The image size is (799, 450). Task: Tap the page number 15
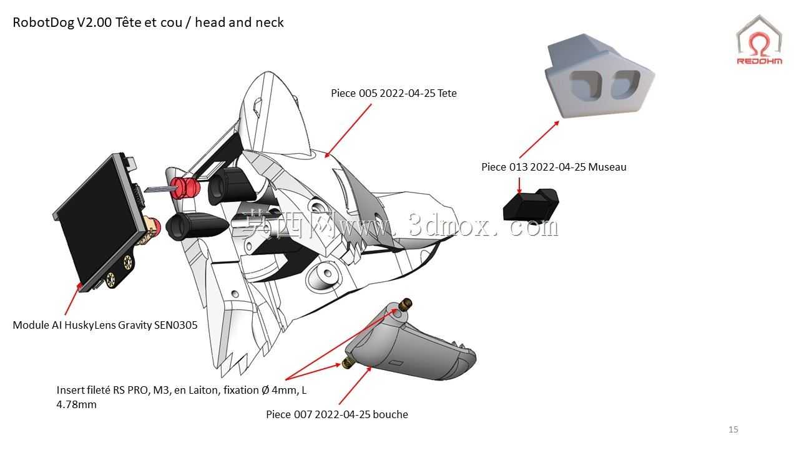733,429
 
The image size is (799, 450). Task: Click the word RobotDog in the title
44,22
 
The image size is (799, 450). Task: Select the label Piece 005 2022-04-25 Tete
394,93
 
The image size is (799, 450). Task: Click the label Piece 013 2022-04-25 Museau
554,167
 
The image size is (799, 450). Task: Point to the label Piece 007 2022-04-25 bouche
337,414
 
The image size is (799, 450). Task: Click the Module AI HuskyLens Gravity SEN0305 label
105,325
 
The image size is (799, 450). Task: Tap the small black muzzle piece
531,205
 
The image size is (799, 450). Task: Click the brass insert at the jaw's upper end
406,304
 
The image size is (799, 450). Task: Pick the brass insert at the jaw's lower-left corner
348,364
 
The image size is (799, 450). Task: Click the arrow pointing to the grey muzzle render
539,139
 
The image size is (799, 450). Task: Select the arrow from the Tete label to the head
348,131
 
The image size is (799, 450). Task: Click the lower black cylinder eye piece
196,226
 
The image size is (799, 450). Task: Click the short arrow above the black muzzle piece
519,186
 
